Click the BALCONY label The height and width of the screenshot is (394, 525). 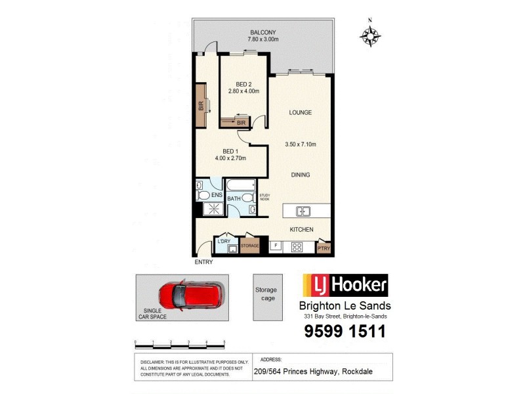(x=262, y=32)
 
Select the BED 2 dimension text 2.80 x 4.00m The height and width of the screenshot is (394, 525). (x=243, y=91)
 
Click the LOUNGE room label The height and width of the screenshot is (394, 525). (x=301, y=112)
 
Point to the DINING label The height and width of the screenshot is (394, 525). (x=301, y=175)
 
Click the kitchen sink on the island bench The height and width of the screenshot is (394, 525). (x=303, y=211)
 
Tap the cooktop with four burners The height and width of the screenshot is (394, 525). (x=296, y=248)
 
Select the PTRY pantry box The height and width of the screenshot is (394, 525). (x=324, y=248)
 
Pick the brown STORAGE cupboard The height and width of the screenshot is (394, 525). (x=249, y=246)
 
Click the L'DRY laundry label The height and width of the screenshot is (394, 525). (x=224, y=242)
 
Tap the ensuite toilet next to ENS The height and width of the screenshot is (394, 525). (x=203, y=196)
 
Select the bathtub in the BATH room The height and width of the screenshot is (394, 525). (x=241, y=185)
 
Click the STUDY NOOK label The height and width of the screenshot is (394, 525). (x=264, y=196)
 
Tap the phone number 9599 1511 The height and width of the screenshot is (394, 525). (x=345, y=332)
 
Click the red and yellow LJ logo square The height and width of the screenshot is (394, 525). (x=313, y=286)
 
